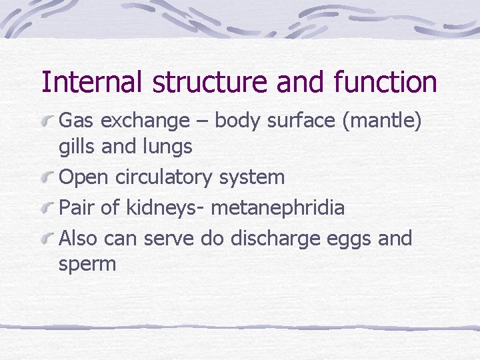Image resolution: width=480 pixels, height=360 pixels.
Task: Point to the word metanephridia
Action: click(278, 207)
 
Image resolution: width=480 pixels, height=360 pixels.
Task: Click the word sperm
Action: click(87, 264)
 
